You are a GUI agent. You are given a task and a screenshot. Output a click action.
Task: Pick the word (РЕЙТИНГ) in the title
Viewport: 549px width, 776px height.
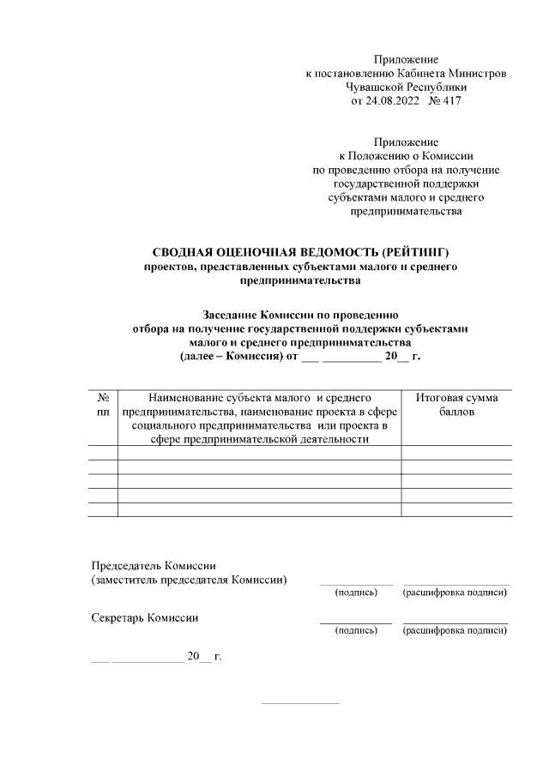click(x=411, y=252)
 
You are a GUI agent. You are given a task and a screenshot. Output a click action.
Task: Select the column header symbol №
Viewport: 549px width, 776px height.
click(x=103, y=398)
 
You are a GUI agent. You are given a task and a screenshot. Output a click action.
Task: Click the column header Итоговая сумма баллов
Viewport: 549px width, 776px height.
click(x=456, y=405)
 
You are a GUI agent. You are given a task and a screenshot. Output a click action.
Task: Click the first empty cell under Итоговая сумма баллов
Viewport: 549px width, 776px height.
click(x=456, y=453)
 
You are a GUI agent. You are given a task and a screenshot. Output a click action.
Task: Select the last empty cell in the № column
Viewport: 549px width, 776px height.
click(x=103, y=509)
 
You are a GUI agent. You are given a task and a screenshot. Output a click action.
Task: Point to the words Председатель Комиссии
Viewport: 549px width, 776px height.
click(x=154, y=566)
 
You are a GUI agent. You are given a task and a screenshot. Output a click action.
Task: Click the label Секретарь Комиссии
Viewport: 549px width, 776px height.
click(x=145, y=617)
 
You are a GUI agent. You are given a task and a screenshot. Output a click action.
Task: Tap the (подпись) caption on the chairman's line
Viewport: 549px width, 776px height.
click(x=356, y=592)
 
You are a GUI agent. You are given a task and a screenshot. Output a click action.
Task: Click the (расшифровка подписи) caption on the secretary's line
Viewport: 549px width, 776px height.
click(x=455, y=631)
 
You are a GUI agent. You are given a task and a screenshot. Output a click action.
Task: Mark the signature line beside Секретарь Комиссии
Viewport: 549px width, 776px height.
click(x=356, y=623)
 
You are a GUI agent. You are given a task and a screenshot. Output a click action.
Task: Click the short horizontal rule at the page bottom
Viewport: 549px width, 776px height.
click(x=300, y=703)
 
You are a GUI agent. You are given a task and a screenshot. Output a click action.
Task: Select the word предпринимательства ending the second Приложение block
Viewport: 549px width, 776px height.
click(x=406, y=210)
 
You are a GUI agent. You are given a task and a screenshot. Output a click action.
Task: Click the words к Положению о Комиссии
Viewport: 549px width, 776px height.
click(x=406, y=155)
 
